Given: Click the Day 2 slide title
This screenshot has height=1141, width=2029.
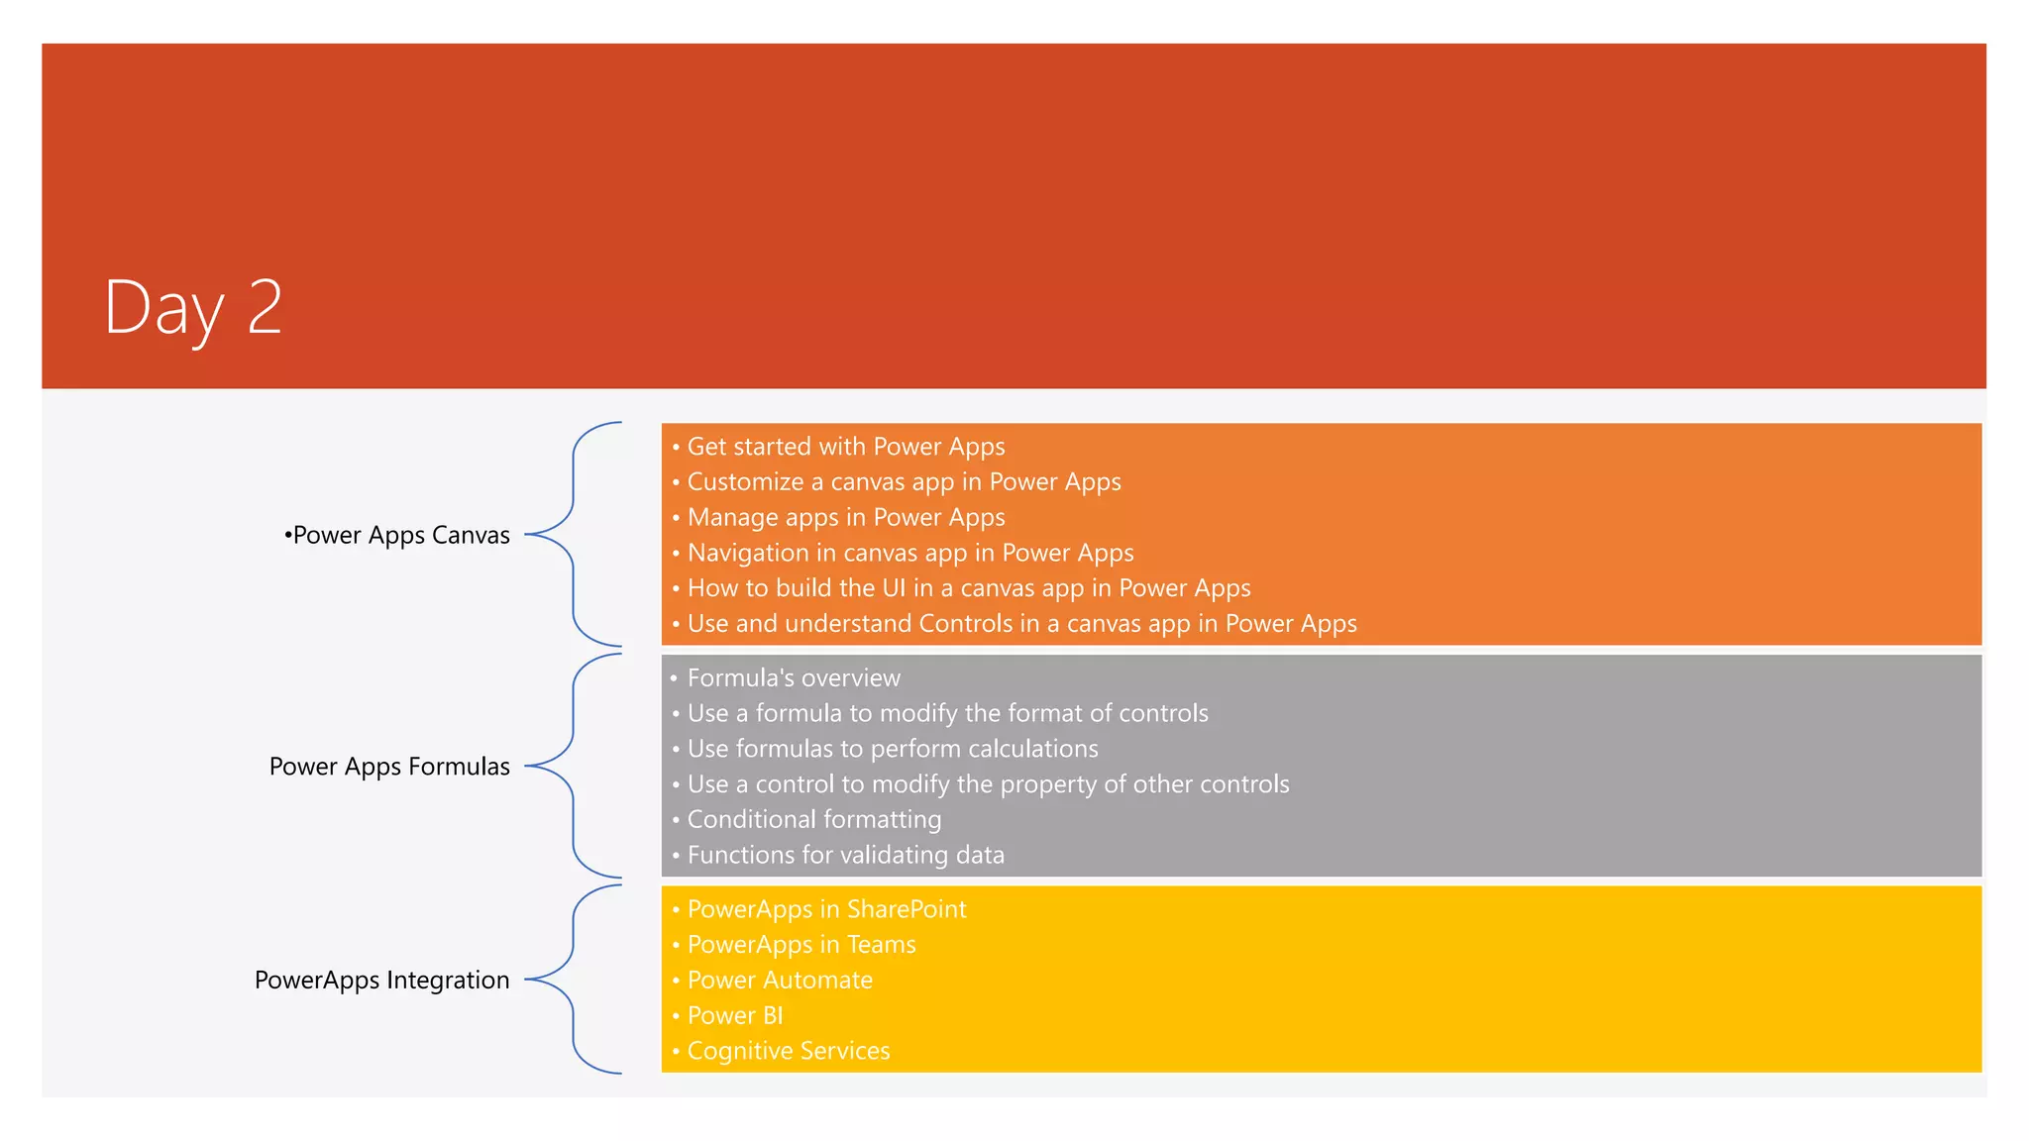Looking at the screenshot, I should (x=193, y=307).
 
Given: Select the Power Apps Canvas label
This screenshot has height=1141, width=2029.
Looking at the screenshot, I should (x=397, y=535).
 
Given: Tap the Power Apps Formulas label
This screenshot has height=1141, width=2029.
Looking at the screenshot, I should (x=389, y=767).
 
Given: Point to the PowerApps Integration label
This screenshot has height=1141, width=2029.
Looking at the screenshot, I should (x=382, y=980).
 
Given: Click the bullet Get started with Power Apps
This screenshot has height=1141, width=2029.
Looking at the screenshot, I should (x=845, y=447).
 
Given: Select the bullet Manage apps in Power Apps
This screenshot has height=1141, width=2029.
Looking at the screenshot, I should (x=845, y=517).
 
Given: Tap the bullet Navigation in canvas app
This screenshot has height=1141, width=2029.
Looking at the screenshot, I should (x=909, y=553).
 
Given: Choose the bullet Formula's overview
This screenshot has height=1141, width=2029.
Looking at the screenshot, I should (x=794, y=678).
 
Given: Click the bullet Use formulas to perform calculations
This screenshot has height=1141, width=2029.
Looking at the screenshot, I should (x=893, y=749).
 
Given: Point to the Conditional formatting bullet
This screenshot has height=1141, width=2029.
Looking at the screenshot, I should (x=813, y=820).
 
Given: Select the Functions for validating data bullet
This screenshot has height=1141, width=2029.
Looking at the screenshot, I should (x=845, y=855).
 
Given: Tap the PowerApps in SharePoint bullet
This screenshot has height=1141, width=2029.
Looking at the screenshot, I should (x=826, y=909).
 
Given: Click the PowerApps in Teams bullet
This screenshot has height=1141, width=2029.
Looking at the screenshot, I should (x=801, y=945).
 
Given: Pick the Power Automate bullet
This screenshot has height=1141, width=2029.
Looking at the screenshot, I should (x=780, y=981).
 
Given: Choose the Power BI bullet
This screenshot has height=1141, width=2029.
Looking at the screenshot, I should (x=734, y=1016).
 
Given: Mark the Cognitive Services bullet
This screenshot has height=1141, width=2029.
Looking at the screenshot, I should (x=788, y=1051).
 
